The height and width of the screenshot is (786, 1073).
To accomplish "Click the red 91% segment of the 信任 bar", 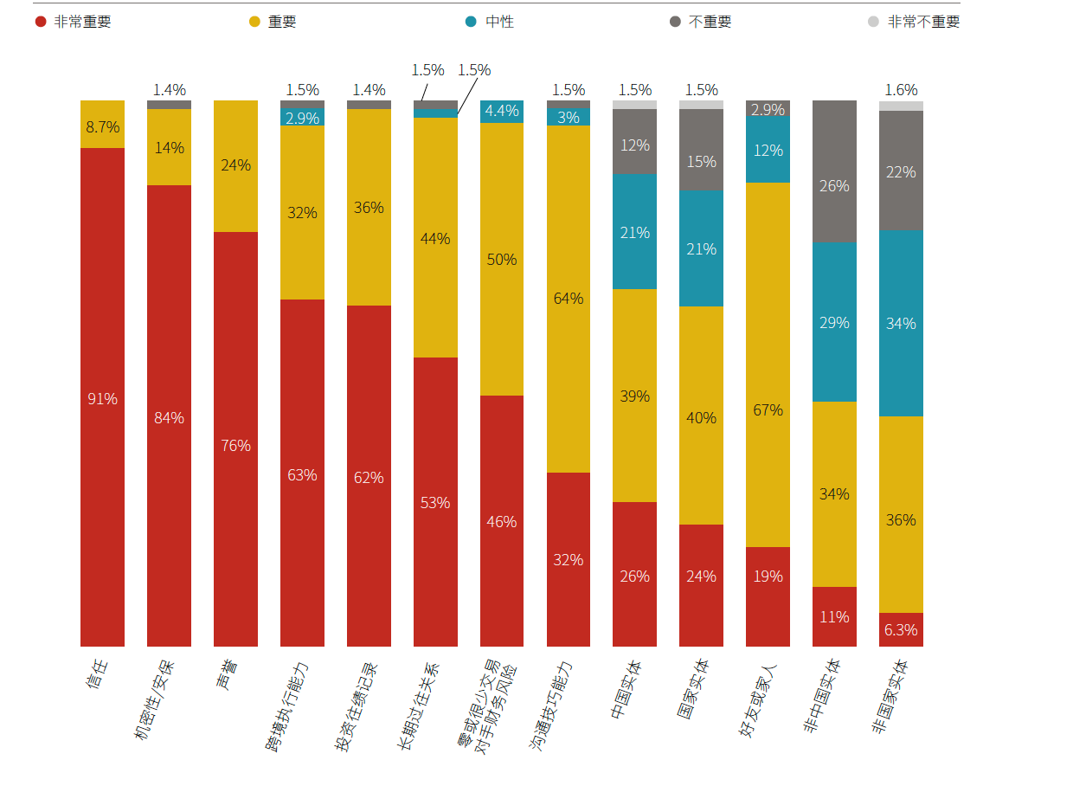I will click(x=102, y=398).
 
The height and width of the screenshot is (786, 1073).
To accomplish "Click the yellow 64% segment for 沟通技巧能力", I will click(x=569, y=299).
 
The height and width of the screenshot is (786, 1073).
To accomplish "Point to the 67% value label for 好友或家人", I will click(x=768, y=409).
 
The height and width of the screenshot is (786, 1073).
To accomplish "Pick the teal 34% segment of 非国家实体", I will click(x=901, y=323).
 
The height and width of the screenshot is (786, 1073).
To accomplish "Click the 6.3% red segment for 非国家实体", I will click(x=901, y=630).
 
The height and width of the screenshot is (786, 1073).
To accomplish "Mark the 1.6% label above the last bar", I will click(x=901, y=90).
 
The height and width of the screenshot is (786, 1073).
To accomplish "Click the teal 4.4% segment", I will click(x=502, y=111).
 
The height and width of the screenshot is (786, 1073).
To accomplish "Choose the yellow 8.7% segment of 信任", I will click(x=102, y=126).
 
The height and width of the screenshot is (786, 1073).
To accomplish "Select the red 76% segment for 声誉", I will click(x=235, y=445).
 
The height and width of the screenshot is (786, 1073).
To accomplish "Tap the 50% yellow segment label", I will click(x=502, y=260).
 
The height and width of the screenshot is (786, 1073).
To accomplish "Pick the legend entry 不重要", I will click(x=710, y=22).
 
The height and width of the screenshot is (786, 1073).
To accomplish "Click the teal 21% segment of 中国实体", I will click(x=634, y=232).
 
